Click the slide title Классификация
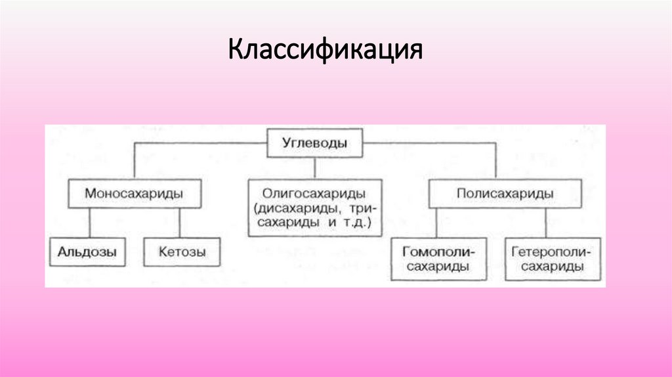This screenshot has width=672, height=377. coord(325,51)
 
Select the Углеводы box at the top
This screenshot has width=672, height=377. coord(315,143)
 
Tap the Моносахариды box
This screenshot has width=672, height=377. coord(134,194)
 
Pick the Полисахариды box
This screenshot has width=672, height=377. coord(504,194)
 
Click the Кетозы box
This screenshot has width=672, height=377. coord(182,252)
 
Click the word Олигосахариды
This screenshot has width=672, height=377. coord(313,194)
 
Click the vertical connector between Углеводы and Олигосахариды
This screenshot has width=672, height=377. coord(315,168)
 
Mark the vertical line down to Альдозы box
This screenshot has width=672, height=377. coord(89,223)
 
